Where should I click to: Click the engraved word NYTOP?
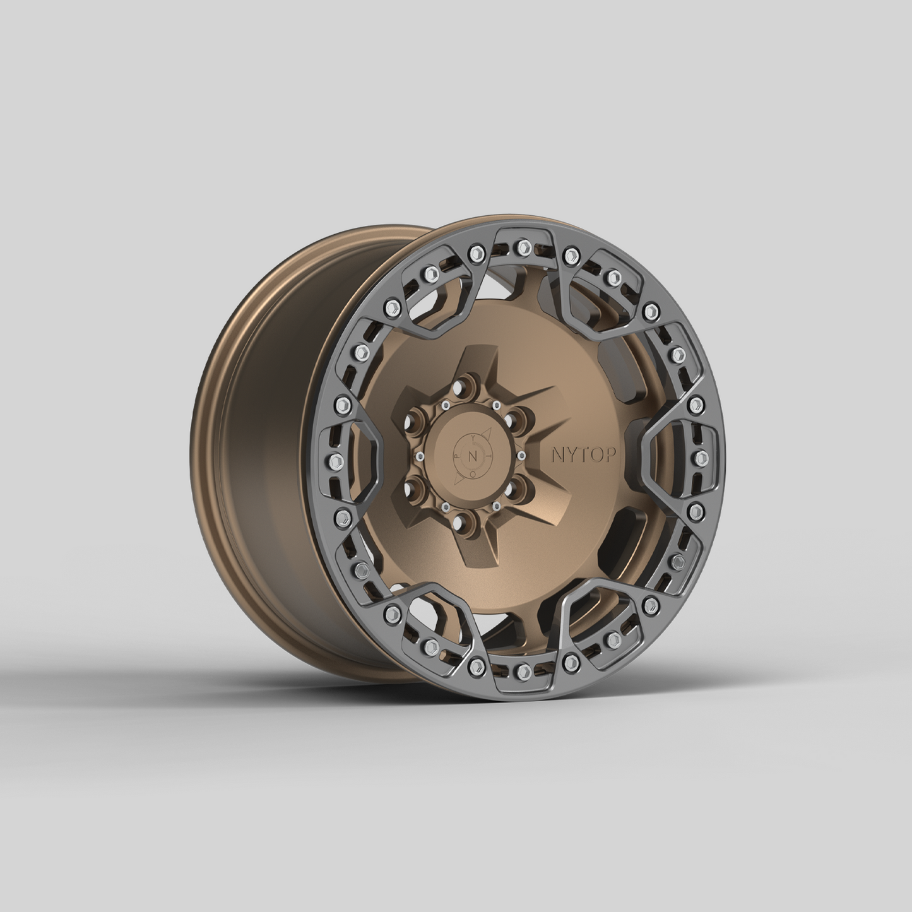577,455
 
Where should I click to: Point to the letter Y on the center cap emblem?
472,436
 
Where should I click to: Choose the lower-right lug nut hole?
510,489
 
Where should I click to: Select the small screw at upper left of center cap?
446,404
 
